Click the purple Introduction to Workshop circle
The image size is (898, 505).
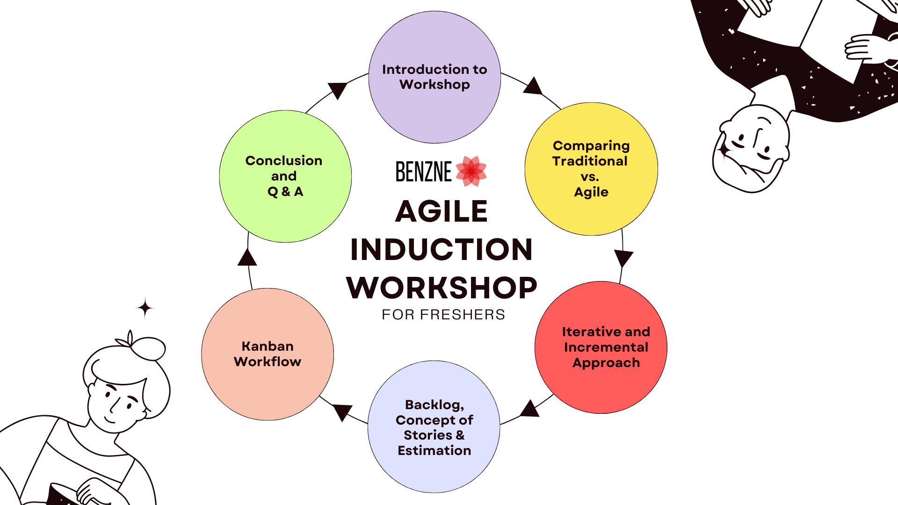435,77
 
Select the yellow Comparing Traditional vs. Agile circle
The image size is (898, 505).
591,169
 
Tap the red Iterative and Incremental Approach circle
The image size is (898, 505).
601,347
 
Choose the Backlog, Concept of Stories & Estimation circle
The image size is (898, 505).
434,426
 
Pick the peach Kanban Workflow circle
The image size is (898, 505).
268,354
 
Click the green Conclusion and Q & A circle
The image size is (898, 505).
285,176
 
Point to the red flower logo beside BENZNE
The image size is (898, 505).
471,171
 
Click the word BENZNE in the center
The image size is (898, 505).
424,172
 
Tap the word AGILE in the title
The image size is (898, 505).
442,211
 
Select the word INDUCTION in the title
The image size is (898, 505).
442,249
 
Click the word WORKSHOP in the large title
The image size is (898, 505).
442,288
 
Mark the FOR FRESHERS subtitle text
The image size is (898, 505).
443,315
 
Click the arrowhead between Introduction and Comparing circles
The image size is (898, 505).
533,86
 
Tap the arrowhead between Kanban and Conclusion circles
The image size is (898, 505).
247,257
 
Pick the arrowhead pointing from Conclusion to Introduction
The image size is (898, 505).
337,91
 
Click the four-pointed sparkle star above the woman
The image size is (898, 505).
145,308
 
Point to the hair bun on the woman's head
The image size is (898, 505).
148,348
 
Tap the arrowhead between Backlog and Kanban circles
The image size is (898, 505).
343,412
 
